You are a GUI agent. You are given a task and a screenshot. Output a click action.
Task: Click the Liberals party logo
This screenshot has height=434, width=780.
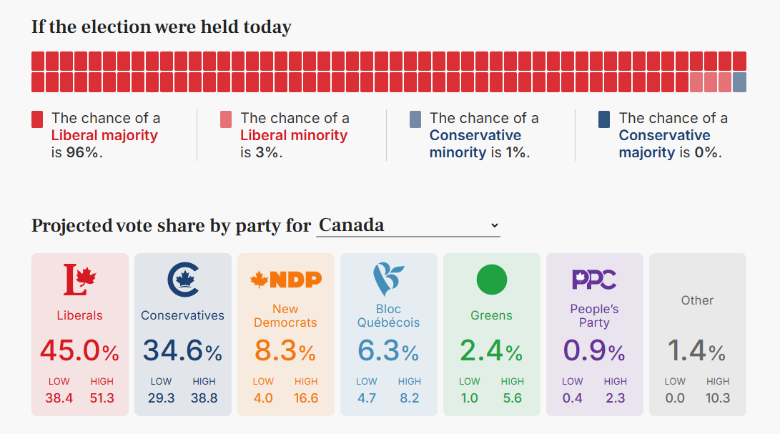click(x=79, y=279)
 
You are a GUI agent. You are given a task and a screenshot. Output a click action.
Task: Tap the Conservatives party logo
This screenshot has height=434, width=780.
click(x=182, y=279)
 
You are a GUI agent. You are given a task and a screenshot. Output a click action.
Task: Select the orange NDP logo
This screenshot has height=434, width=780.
click(x=285, y=280)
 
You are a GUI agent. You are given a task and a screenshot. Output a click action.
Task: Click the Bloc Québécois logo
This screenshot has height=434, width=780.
click(x=388, y=279)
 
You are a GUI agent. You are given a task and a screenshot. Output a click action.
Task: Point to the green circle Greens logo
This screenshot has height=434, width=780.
click(x=491, y=279)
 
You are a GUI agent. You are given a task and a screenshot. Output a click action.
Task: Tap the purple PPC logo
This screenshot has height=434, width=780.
click(x=594, y=279)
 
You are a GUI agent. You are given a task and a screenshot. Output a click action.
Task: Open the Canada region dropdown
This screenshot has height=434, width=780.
click(x=408, y=225)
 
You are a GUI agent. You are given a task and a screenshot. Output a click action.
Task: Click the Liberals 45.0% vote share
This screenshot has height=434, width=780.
click(x=79, y=351)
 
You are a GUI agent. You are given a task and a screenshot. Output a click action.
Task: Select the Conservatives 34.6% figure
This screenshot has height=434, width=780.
click(x=182, y=351)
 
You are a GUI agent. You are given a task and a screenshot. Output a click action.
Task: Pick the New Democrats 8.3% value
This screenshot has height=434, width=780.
click(x=285, y=351)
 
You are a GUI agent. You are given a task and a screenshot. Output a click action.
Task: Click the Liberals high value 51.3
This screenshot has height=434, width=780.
click(x=102, y=398)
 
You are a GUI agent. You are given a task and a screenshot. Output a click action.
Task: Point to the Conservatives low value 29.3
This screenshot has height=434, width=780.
click(x=161, y=398)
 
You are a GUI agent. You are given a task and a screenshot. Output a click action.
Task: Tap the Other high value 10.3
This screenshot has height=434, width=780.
click(x=718, y=398)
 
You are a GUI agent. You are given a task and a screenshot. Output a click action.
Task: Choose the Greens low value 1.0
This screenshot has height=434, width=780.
click(x=470, y=398)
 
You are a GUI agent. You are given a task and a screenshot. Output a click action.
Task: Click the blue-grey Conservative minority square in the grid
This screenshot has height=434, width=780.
click(x=739, y=82)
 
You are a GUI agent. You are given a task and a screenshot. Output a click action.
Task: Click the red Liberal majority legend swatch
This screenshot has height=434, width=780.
click(x=37, y=119)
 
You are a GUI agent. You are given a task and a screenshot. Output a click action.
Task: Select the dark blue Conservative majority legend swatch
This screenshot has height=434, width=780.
click(x=605, y=119)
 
